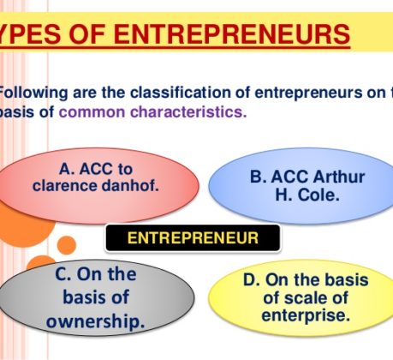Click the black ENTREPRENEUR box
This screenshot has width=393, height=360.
[193, 238]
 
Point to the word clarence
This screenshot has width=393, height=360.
[65, 186]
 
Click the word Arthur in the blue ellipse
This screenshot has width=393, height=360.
[339, 177]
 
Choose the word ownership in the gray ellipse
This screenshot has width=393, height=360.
[95, 321]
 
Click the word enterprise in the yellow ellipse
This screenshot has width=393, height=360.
[306, 315]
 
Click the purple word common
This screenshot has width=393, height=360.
[92, 112]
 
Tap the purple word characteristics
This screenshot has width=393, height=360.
[188, 112]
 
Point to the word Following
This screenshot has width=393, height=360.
[33, 93]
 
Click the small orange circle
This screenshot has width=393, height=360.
[67, 245]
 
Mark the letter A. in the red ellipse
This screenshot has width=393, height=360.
[68, 169]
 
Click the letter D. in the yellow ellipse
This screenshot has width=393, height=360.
[252, 279]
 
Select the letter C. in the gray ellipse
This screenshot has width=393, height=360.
[63, 274]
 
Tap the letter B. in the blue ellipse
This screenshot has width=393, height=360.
[259, 177]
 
